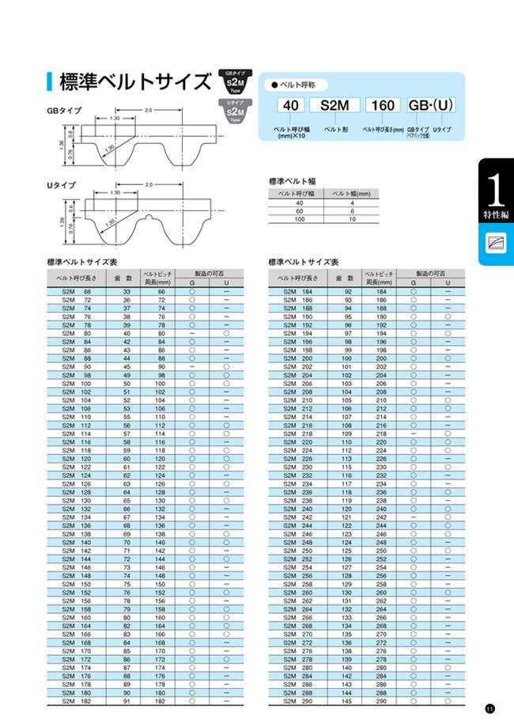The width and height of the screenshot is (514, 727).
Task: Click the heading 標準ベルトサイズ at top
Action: click(135, 82)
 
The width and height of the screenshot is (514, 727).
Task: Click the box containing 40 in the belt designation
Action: click(290, 106)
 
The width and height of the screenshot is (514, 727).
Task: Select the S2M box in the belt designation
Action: click(334, 106)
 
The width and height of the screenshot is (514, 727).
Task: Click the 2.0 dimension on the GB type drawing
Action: click(148, 111)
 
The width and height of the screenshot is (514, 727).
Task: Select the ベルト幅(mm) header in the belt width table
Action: click(350, 193)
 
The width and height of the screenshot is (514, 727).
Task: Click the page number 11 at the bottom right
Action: click(490, 708)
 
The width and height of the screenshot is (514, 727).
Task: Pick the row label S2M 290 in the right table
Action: click(296, 701)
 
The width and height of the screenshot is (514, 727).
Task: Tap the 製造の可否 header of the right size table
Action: click(430, 273)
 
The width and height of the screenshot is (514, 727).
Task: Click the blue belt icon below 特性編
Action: click(496, 244)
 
